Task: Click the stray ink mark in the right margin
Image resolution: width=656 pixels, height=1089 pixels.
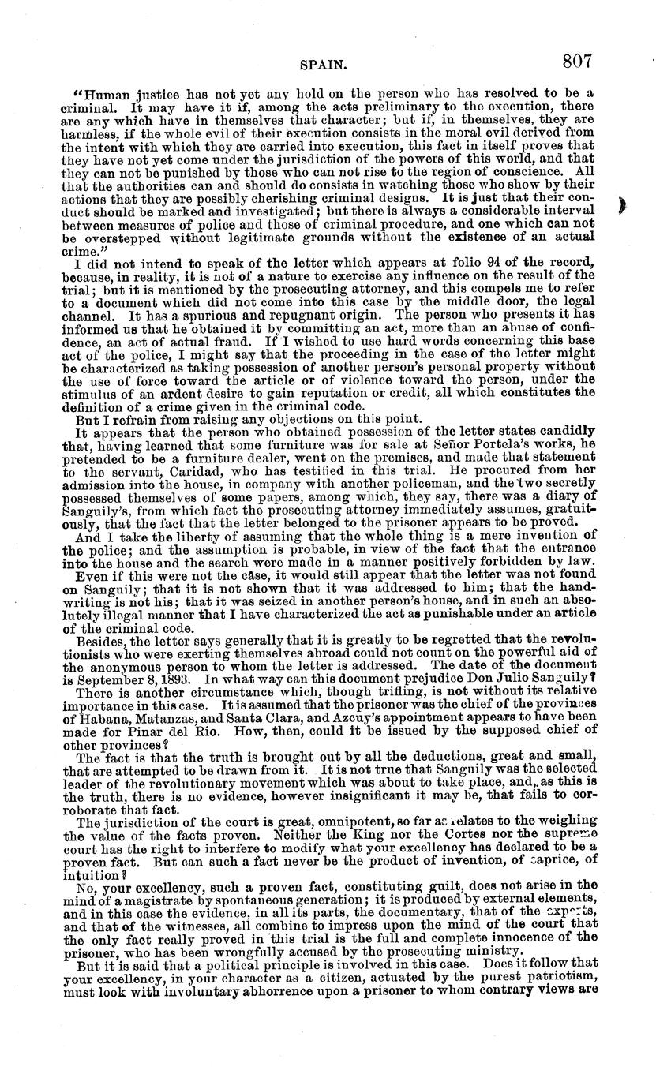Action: click(624, 207)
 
